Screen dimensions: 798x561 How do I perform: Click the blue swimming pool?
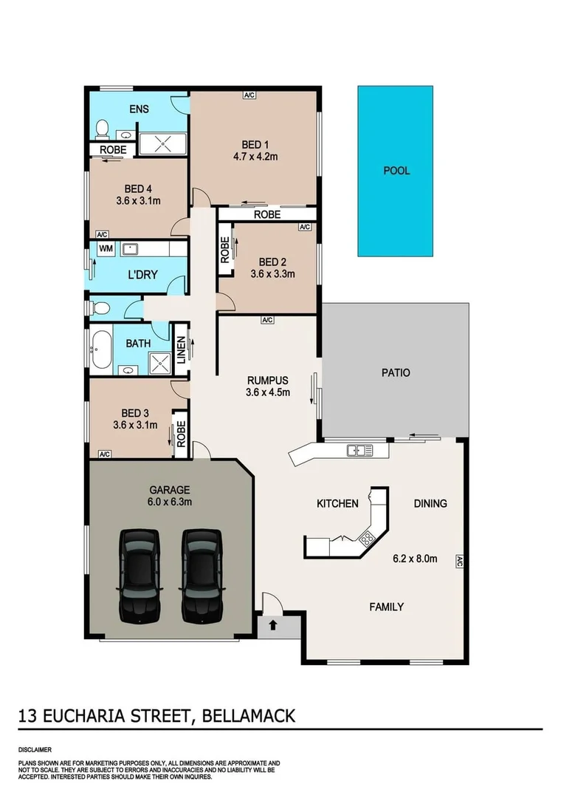click(x=396, y=171)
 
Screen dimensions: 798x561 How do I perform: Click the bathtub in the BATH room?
click(x=100, y=349)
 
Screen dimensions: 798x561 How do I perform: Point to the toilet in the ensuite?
click(x=102, y=131)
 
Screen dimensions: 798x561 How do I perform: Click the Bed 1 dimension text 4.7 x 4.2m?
click(x=255, y=157)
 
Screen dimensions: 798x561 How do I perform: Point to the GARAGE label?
click(x=170, y=489)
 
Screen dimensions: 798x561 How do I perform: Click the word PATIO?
click(x=396, y=372)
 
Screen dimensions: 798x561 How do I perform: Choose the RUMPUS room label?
click(x=266, y=380)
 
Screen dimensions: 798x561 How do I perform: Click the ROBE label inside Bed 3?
click(x=179, y=434)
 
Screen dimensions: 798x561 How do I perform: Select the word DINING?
click(x=430, y=504)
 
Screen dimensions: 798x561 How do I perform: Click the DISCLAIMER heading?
click(x=35, y=749)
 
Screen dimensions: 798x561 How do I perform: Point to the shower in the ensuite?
click(x=164, y=144)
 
